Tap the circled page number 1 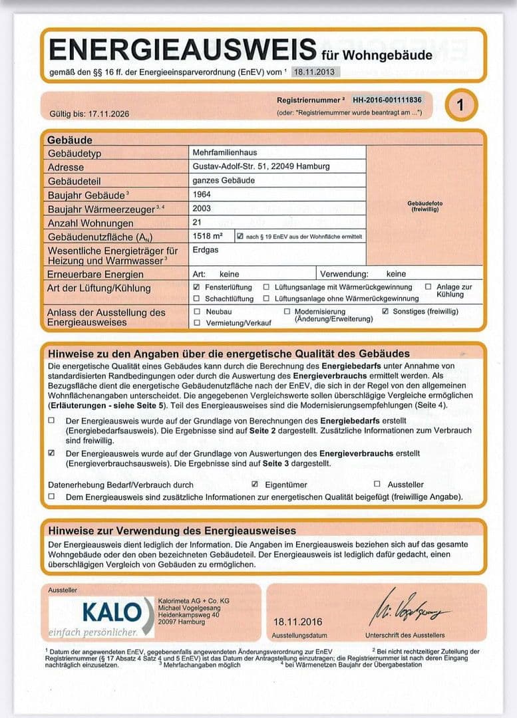[460, 105]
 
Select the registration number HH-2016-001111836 [387, 100]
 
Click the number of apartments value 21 [197, 223]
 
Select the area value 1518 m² [207, 237]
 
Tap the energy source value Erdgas [204, 251]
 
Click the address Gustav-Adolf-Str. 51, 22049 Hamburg [261, 166]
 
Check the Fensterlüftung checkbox [196, 287]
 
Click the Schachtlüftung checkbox [196, 299]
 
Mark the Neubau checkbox [196, 311]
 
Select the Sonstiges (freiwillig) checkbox [385, 311]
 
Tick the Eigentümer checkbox [254, 485]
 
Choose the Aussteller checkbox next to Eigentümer [377, 485]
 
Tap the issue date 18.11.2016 [297, 622]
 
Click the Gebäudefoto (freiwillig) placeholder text [425, 206]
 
